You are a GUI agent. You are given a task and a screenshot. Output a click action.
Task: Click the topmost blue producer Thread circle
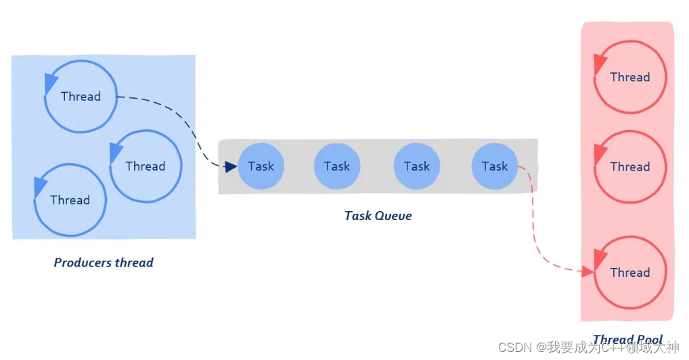(81, 96)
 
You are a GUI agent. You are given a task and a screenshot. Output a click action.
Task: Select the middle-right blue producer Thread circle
(146, 166)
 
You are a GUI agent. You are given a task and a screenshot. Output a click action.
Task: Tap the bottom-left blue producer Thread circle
(70, 200)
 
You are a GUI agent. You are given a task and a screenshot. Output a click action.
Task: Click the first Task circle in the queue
(261, 166)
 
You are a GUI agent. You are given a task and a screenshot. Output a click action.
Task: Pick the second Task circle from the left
(337, 166)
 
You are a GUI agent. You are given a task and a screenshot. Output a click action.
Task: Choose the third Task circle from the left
(417, 166)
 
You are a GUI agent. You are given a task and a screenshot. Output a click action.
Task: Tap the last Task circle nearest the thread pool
(495, 166)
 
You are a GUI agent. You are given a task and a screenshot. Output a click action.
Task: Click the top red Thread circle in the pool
(630, 77)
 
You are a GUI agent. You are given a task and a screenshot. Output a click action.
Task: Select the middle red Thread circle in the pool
(630, 166)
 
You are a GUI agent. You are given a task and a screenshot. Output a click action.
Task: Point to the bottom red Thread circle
(630, 272)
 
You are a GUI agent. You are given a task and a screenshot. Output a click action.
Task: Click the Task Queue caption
(378, 216)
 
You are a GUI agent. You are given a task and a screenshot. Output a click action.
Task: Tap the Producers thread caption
(104, 263)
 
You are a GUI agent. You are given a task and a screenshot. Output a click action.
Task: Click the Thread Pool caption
(627, 340)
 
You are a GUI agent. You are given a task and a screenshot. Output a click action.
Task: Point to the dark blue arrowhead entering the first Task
(231, 166)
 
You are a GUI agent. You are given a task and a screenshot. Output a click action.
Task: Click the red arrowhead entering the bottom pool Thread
(587, 272)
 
